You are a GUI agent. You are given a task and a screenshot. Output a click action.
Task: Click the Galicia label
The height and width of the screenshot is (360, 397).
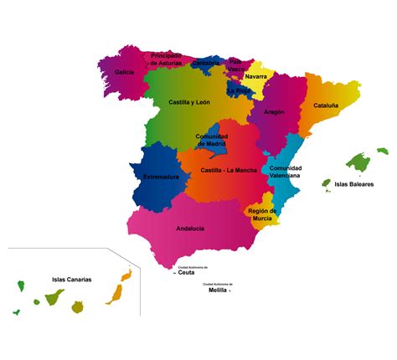click(x=125, y=72)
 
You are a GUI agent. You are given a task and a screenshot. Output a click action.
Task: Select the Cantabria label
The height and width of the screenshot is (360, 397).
click(x=205, y=63)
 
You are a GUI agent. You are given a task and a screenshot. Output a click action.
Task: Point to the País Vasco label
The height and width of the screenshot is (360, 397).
click(x=237, y=64)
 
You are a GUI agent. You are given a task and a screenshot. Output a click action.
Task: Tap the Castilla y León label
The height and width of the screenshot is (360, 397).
click(x=188, y=102)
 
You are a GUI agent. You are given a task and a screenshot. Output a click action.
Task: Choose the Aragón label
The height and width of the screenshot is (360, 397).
click(x=274, y=111)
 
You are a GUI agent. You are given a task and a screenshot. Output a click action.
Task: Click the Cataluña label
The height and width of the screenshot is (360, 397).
click(x=326, y=105)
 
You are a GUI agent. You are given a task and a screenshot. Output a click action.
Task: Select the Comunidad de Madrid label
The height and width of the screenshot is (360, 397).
click(x=212, y=140)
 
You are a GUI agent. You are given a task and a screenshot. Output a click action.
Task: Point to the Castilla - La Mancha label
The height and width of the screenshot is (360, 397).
click(x=229, y=170)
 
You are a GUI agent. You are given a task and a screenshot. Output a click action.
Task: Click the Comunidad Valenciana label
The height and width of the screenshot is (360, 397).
click(x=286, y=172)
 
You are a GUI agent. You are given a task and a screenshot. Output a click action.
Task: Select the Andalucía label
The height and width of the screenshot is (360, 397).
click(x=190, y=228)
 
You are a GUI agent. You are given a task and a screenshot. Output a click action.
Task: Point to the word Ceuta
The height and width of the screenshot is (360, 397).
click(x=187, y=272)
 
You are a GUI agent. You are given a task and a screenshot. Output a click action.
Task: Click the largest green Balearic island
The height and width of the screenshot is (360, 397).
click(x=358, y=162)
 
